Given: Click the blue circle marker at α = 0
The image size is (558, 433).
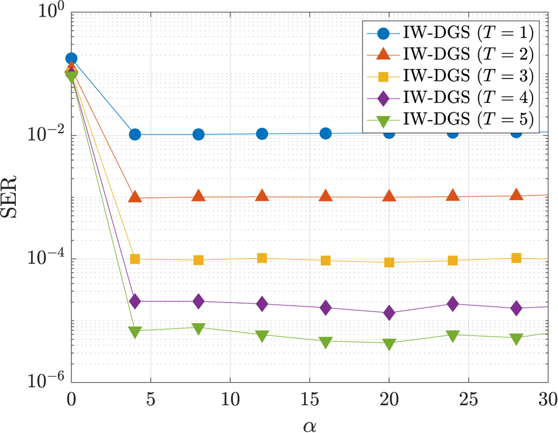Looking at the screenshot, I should (71, 58).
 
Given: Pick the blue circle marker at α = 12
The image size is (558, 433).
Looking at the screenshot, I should (262, 134).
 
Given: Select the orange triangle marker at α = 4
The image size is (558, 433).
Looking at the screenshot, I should (135, 197).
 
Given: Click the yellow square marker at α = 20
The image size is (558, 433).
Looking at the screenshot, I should (389, 262).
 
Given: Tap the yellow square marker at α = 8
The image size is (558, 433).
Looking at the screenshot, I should (198, 260).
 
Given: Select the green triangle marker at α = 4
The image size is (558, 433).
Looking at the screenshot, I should (135, 331).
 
